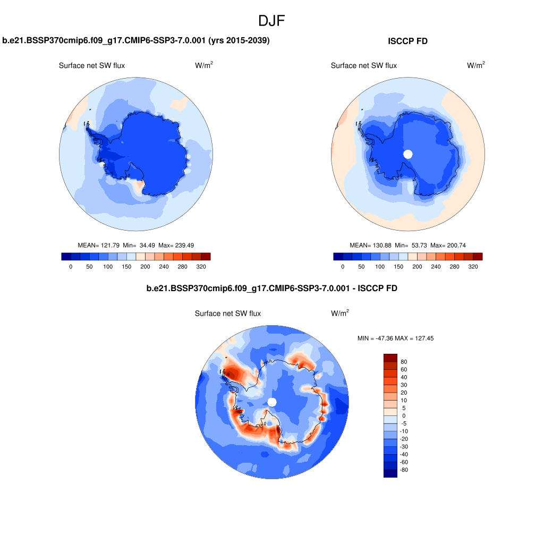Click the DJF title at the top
(272, 21)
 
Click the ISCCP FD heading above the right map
(408, 41)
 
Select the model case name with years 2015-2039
(136, 40)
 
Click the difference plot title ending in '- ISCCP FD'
(271, 288)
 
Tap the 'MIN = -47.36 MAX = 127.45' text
(395, 338)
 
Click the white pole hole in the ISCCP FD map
(408, 154)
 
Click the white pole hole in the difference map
(272, 402)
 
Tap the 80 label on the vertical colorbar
(404, 361)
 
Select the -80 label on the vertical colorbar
(405, 470)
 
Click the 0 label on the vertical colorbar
(404, 415)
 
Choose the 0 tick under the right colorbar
(343, 267)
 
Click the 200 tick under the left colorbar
(145, 267)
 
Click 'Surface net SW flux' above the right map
(363, 65)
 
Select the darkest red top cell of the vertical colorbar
(390, 358)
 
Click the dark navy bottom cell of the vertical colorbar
(390, 473)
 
